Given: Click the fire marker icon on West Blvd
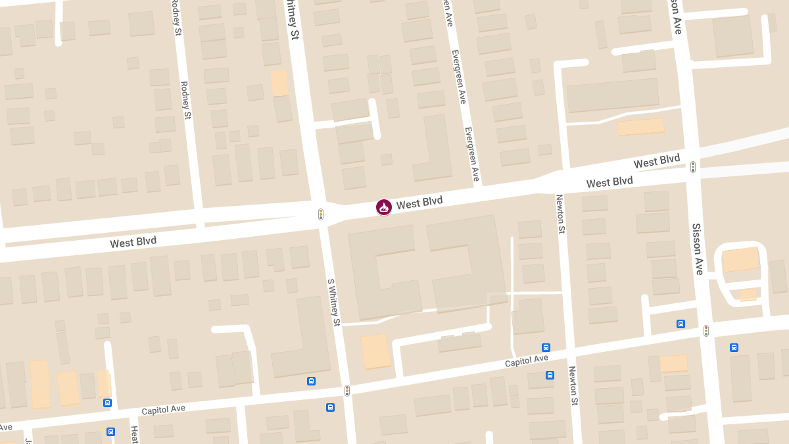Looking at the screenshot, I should tap(384, 207).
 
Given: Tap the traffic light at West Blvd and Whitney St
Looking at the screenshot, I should tap(321, 214).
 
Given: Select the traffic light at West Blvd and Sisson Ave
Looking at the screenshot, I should tap(692, 167).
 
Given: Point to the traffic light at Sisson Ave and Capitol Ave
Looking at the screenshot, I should tap(706, 330).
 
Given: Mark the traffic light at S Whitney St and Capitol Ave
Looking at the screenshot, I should tap(347, 390).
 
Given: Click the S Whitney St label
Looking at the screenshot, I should tap(334, 302).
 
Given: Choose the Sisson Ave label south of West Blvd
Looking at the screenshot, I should tap(698, 249).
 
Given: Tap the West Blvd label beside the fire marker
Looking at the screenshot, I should tap(419, 203).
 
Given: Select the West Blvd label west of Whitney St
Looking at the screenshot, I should tap(133, 242).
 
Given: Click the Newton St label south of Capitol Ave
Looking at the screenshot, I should tap(573, 385).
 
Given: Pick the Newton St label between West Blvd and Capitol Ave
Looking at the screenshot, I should tap(561, 214).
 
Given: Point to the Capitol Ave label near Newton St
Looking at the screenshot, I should tap(526, 361).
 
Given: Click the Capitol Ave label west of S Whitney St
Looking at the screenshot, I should tap(163, 409).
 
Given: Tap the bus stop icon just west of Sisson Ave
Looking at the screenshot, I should tap(681, 324).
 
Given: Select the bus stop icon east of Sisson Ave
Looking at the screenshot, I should tap(734, 347).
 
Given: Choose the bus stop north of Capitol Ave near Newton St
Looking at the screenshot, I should tap(546, 347).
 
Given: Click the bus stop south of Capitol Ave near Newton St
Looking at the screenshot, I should tap(550, 375).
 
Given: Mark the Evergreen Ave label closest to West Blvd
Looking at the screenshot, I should tap(472, 154).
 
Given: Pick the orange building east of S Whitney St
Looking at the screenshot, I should tap(375, 351).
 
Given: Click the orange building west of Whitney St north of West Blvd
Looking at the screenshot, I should tap(279, 84).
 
